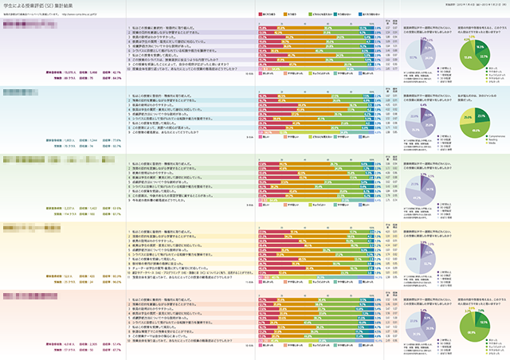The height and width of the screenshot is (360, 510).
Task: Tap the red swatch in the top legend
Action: tap(262, 14)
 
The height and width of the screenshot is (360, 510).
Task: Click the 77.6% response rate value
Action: tap(116, 140)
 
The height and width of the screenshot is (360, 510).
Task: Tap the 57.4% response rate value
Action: tap(116, 344)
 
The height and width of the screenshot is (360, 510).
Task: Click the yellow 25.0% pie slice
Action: tap(466, 119)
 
